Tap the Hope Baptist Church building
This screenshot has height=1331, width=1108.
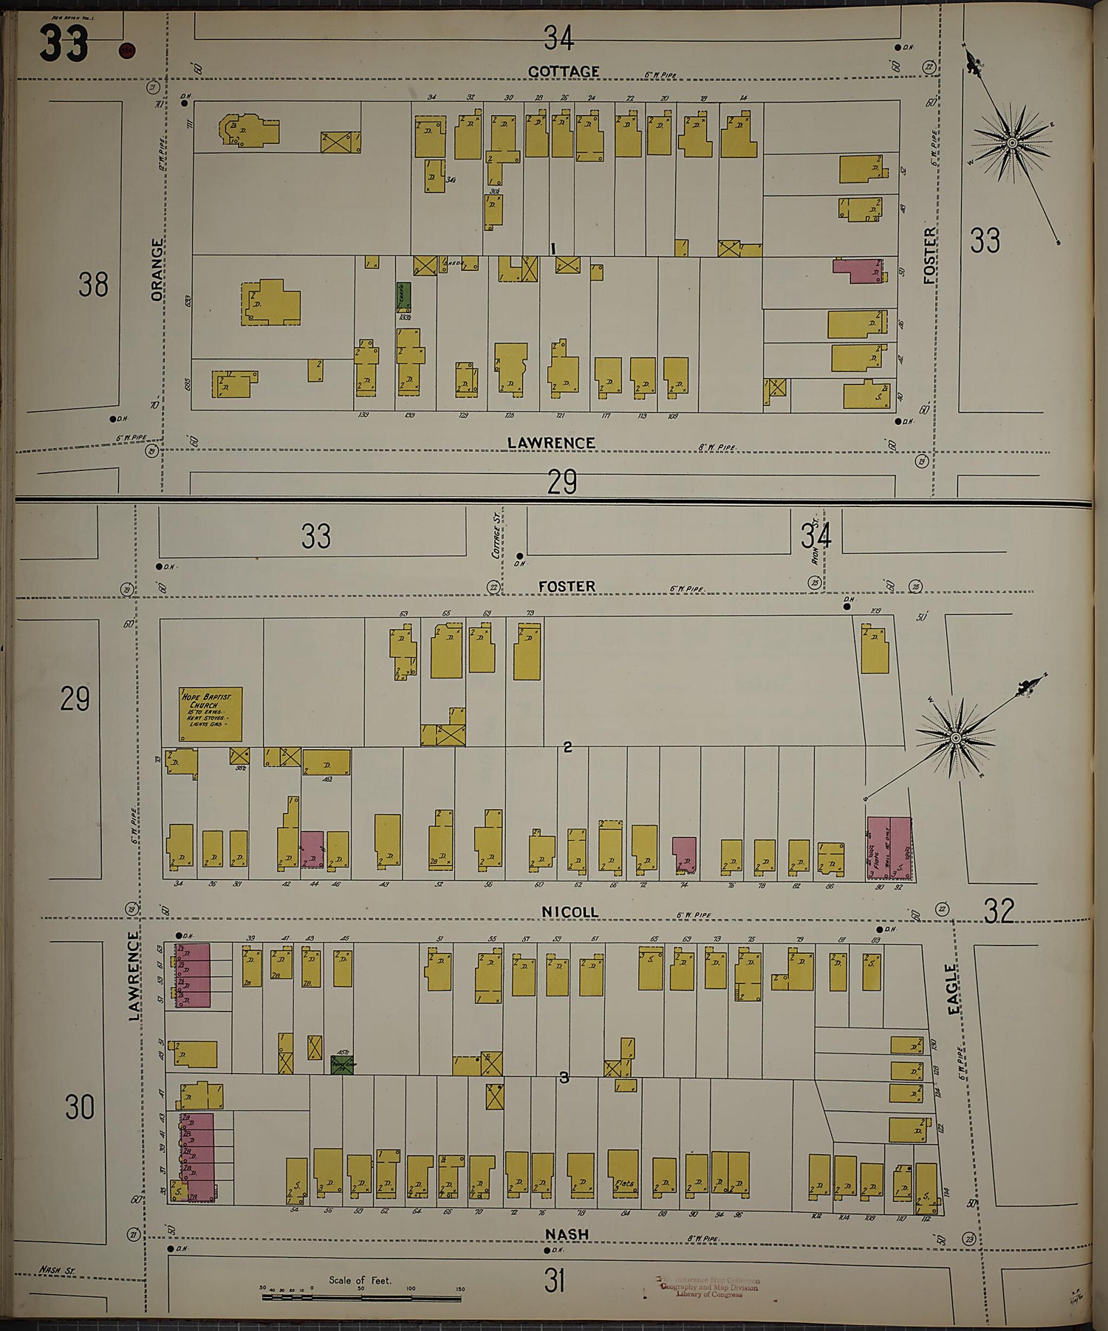[211, 715]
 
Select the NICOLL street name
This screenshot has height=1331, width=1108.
[570, 912]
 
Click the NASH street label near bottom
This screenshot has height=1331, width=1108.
[567, 1234]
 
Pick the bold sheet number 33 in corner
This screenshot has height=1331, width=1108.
[64, 44]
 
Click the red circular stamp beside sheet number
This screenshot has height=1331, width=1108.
[126, 51]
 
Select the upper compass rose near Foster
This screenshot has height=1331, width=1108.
[1013, 142]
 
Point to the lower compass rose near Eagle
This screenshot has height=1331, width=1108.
[955, 738]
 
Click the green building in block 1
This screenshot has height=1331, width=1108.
[404, 297]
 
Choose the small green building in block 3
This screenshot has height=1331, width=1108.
[341, 1065]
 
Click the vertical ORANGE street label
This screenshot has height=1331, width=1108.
[157, 269]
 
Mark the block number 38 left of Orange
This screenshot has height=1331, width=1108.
[93, 285]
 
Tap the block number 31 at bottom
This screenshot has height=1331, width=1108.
[554, 1282]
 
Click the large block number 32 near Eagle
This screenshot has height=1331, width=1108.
[999, 912]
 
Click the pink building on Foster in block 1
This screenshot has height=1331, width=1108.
[858, 270]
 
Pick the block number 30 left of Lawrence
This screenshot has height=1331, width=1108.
[80, 1107]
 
